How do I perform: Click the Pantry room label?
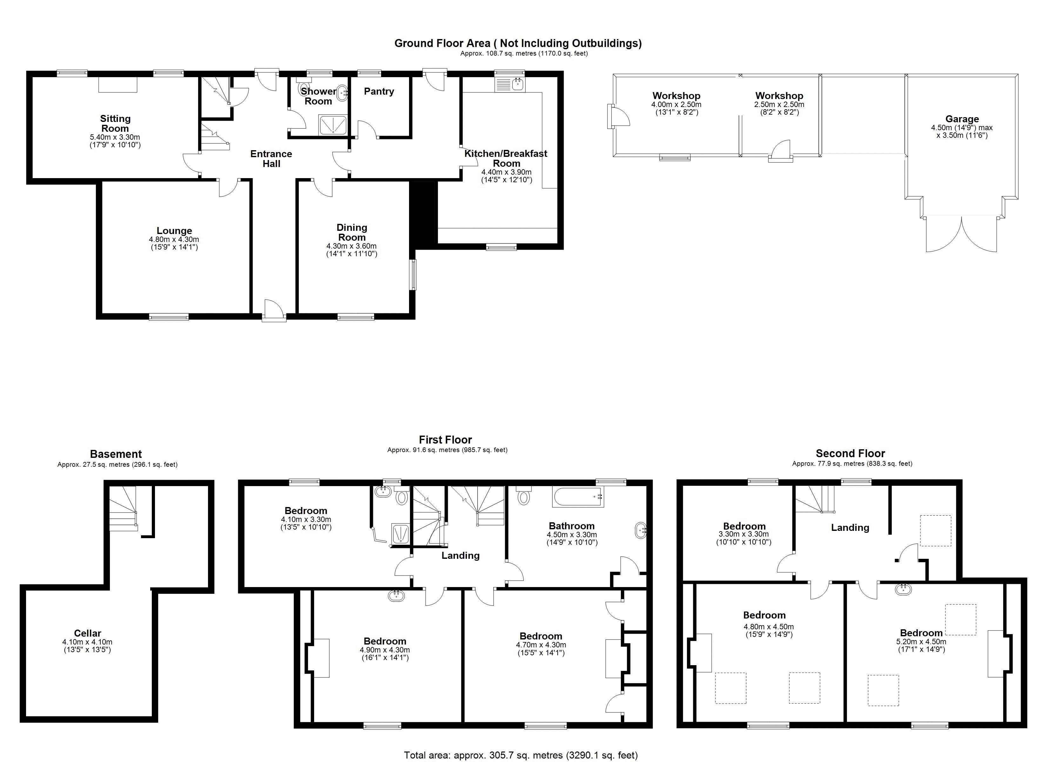tap(379, 91)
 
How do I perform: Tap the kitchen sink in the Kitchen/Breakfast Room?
tap(510, 84)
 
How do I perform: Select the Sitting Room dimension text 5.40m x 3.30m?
tap(115, 137)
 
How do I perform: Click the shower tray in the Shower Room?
tap(333, 125)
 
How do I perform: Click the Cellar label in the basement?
tap(87, 633)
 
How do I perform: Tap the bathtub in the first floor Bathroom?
tap(578, 497)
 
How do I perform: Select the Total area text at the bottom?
tap(521, 755)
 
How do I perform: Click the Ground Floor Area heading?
tap(518, 43)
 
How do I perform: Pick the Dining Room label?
tap(352, 232)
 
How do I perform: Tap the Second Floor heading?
tap(850, 453)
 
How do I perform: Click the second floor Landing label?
tap(850, 527)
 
